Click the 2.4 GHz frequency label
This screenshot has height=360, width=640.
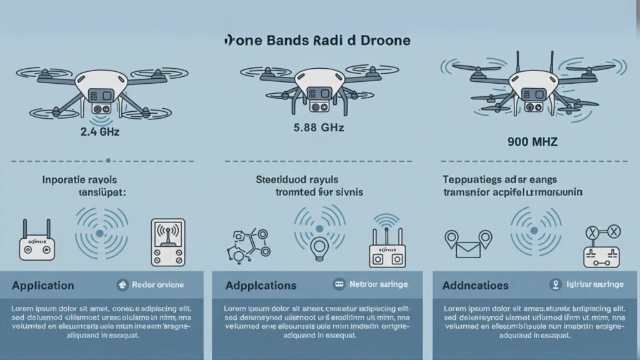coord(99,132)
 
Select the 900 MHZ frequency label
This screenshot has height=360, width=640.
coord(532,142)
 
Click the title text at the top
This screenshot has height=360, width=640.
coord(317,41)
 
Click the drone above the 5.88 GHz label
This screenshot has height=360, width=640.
coord(311,84)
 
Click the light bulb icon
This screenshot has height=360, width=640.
coord(319,246)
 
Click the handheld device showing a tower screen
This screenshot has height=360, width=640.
coord(167,242)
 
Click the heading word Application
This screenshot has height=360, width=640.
coord(42,286)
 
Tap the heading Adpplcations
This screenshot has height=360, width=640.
coord(260,286)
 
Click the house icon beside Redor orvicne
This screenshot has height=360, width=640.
coord(122,284)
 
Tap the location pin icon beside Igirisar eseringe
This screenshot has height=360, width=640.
coord(554,284)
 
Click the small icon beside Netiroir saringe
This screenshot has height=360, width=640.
coord(339,284)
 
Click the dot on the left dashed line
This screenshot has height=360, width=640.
coord(109,161)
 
